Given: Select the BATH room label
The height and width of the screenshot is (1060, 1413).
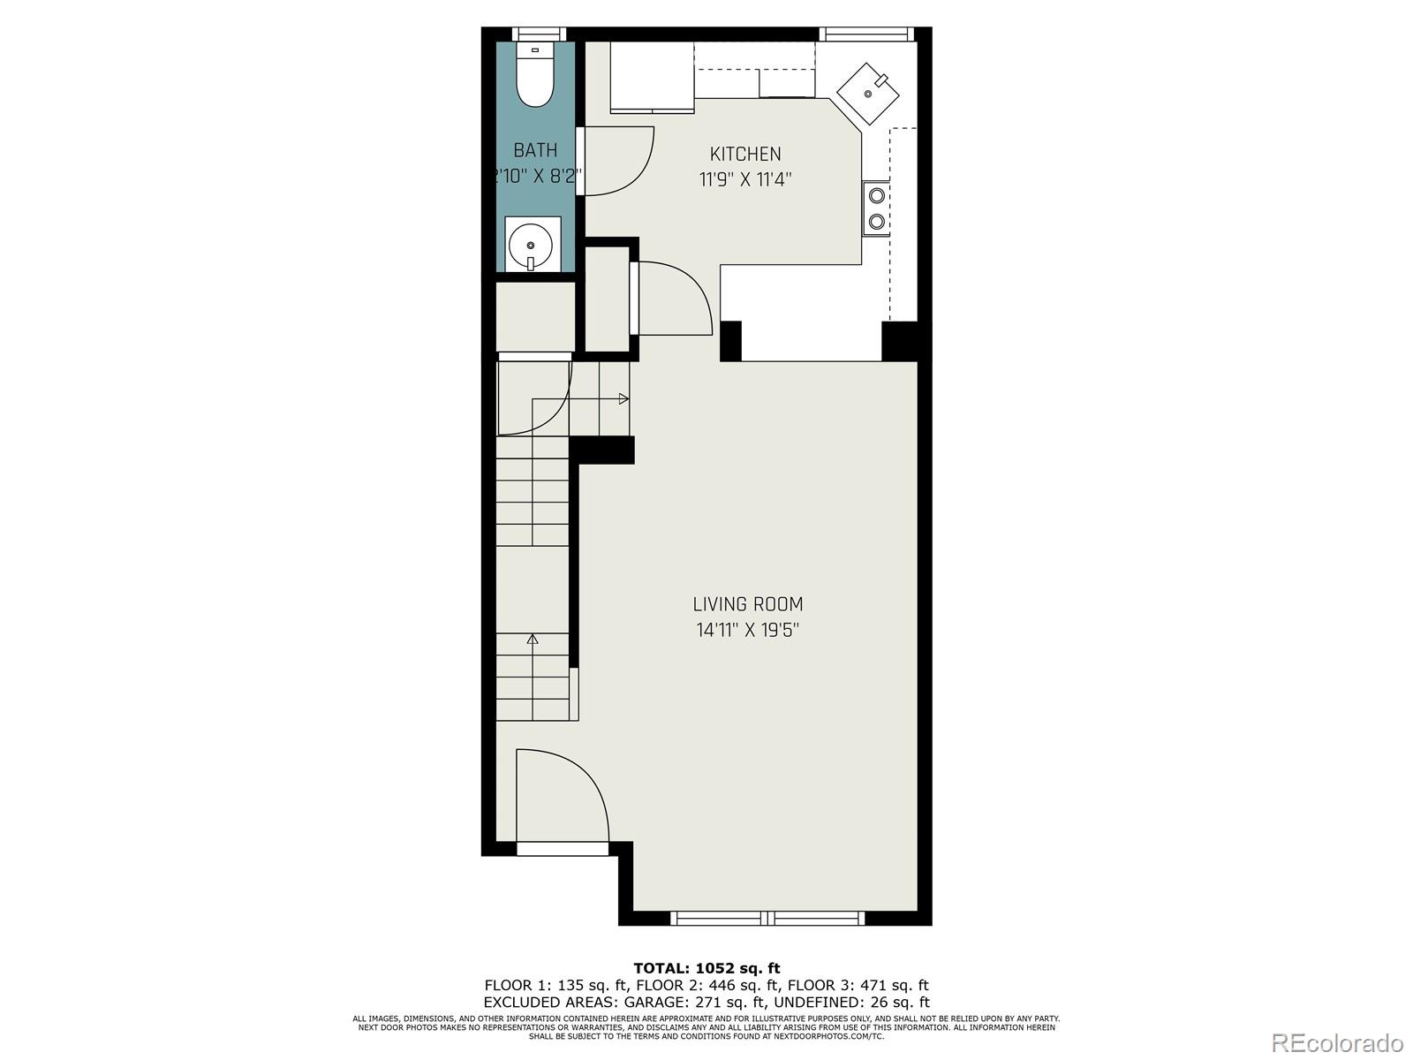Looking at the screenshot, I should pos(535,150).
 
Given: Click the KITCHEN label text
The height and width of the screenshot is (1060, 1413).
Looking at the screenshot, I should pos(745,155).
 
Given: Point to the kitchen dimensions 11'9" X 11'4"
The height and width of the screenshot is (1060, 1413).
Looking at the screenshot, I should pos(745,180).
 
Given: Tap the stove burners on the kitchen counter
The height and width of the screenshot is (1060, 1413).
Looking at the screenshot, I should pos(877,208).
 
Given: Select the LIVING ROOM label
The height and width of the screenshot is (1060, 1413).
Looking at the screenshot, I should pos(747,605).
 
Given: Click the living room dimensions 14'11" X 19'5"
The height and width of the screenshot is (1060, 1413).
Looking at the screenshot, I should pos(747,631).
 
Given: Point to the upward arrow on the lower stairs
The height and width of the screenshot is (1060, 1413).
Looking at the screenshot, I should pos(533,639).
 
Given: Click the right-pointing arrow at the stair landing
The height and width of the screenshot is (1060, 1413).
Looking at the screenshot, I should pos(623,398).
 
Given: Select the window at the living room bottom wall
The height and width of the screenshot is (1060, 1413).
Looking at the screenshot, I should pos(767,918).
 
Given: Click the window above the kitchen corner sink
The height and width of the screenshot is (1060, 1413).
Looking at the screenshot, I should pos(865,34).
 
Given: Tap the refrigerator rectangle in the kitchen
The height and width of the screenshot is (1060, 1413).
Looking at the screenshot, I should pos(652,77).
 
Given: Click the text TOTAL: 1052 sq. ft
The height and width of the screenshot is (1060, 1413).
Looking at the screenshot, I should pos(706,968).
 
